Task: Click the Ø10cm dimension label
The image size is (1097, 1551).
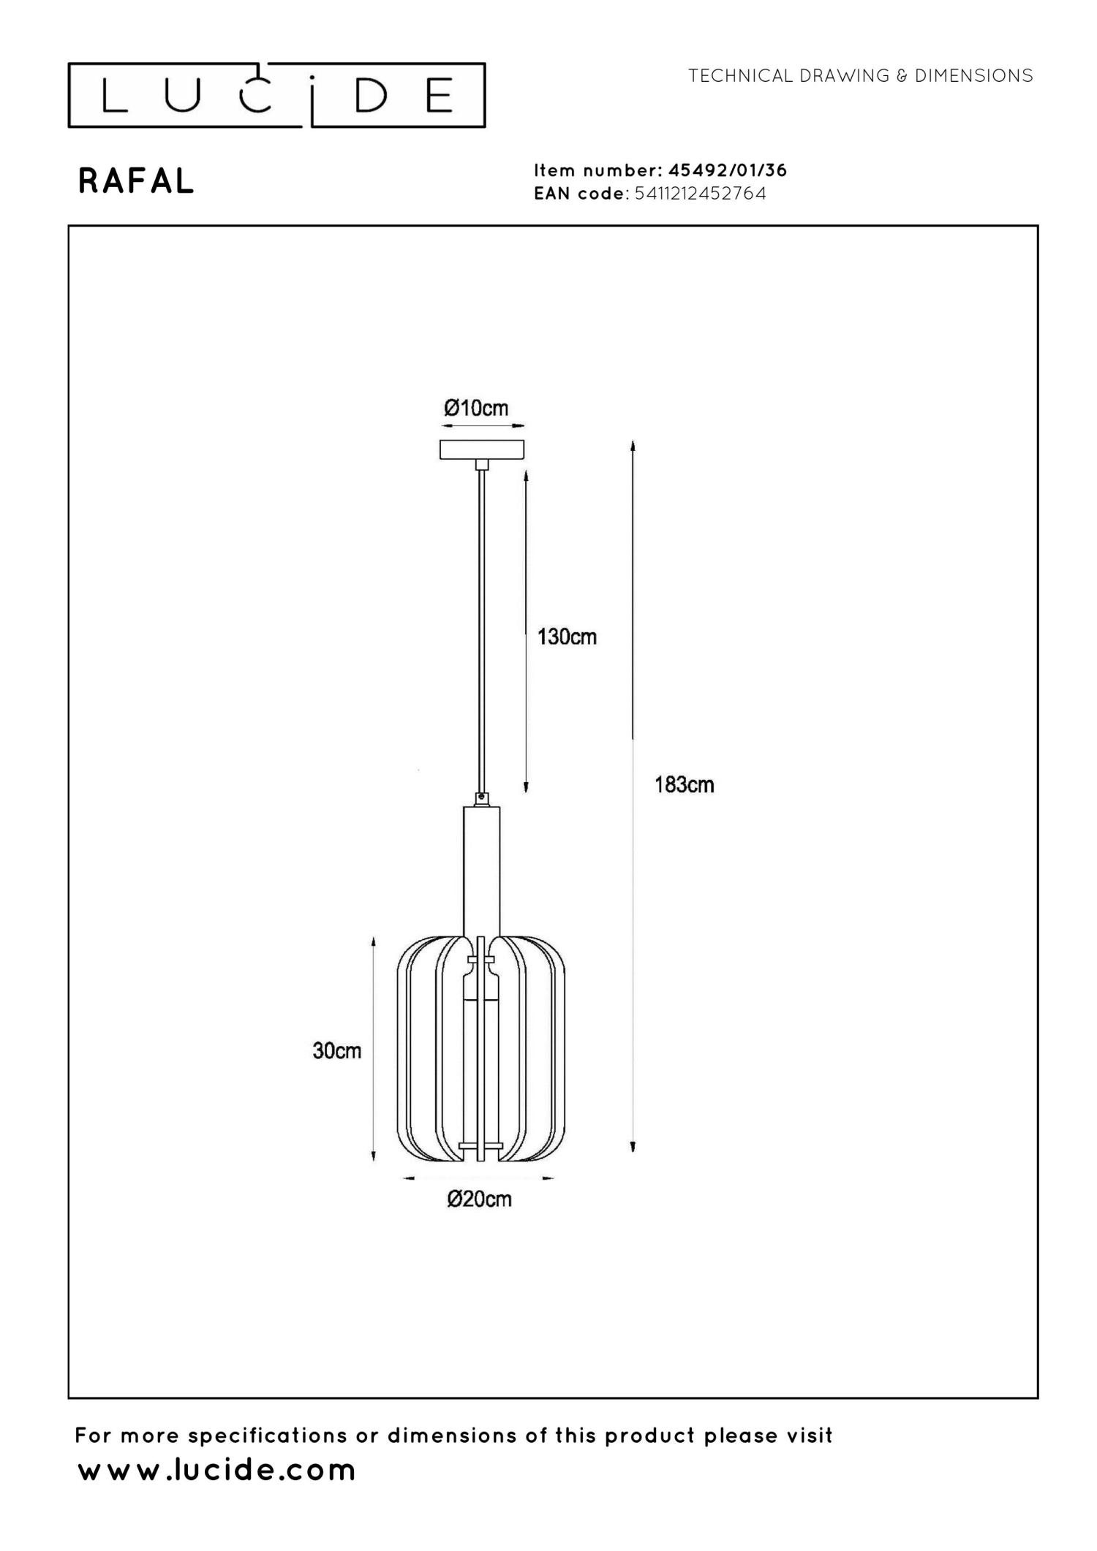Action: pyautogui.click(x=476, y=408)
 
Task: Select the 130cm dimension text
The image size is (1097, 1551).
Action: pyautogui.click(x=567, y=637)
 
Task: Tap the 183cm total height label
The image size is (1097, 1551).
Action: pyautogui.click(x=684, y=785)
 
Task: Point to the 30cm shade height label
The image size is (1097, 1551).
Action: pyautogui.click(x=336, y=1050)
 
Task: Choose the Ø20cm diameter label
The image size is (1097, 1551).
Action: pyautogui.click(x=480, y=1199)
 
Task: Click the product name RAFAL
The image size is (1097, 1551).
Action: pyautogui.click(x=136, y=181)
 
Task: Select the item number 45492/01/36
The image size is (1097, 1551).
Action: pyautogui.click(x=728, y=170)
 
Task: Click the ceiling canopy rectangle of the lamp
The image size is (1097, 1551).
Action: pyautogui.click(x=482, y=449)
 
